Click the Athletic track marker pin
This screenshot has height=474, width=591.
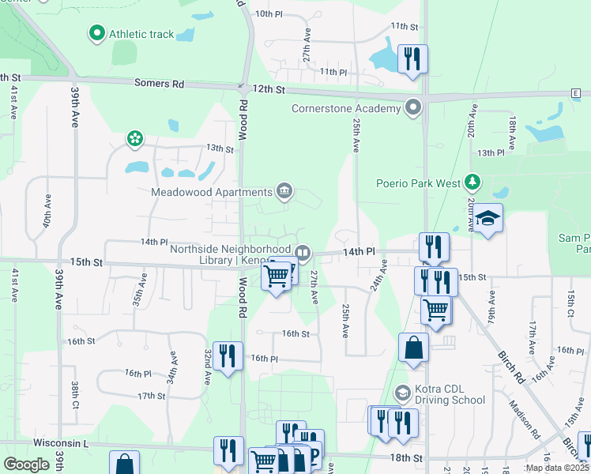click(97, 33)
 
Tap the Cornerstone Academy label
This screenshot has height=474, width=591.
click(346, 108)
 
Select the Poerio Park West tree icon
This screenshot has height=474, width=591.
click(472, 183)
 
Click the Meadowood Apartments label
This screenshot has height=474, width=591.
click(212, 192)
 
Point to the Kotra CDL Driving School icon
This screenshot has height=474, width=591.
click(403, 393)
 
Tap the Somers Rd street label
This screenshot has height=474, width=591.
click(159, 83)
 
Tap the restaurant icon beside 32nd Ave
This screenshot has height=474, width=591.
click(228, 355)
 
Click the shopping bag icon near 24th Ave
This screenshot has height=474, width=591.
click(413, 348)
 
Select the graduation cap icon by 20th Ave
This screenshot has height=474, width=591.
click(488, 218)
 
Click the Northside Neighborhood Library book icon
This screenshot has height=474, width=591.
click(303, 253)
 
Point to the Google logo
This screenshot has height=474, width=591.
click(27, 464)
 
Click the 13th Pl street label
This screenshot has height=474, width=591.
click(490, 152)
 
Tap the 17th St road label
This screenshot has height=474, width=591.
click(149, 396)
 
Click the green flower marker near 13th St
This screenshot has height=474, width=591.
click(135, 139)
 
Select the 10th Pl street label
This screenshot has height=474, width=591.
click(269, 14)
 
